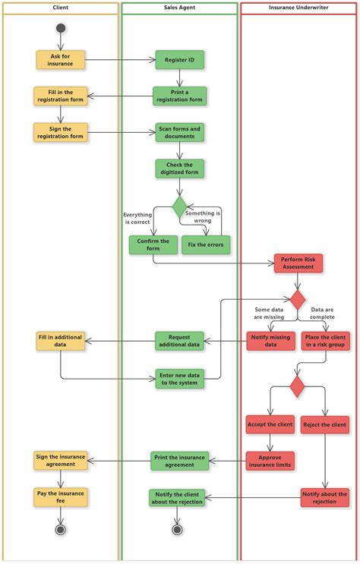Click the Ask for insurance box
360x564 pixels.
pos(61,59)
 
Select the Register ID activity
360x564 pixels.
pos(179,59)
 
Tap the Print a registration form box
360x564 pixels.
pos(179,96)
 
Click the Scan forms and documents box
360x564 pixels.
pos(179,132)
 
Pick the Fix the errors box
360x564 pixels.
pos(206,244)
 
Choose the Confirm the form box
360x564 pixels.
pos(153,244)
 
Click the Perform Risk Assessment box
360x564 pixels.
pos(298,263)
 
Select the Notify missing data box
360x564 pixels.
pos(271,340)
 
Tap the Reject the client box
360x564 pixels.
pos(324,424)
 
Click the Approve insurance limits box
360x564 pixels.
pos(270,460)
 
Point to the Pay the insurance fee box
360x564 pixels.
pos(61,496)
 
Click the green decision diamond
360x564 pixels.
pos(179,206)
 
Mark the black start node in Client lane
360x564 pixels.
pos(61,29)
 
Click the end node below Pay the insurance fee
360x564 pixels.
pos(61,529)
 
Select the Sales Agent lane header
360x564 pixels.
pos(179,8)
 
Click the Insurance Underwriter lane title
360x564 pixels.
pos(298,8)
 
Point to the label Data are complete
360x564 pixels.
pos(327,314)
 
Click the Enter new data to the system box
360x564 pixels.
pos(179,378)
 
